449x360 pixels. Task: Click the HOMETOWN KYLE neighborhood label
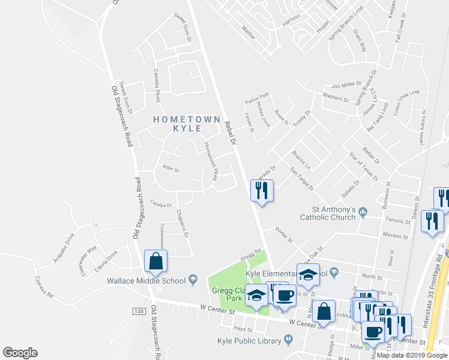coord(187,125)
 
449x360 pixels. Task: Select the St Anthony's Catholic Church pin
coord(363,211)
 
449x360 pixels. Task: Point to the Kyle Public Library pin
coord(288,340)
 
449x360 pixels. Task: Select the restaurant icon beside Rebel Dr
coord(261,191)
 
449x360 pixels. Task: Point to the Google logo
coord(20,353)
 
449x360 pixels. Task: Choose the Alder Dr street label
coord(171,169)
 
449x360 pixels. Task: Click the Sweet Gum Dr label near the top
coord(182,28)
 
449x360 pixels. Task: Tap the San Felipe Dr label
coord(302,180)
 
